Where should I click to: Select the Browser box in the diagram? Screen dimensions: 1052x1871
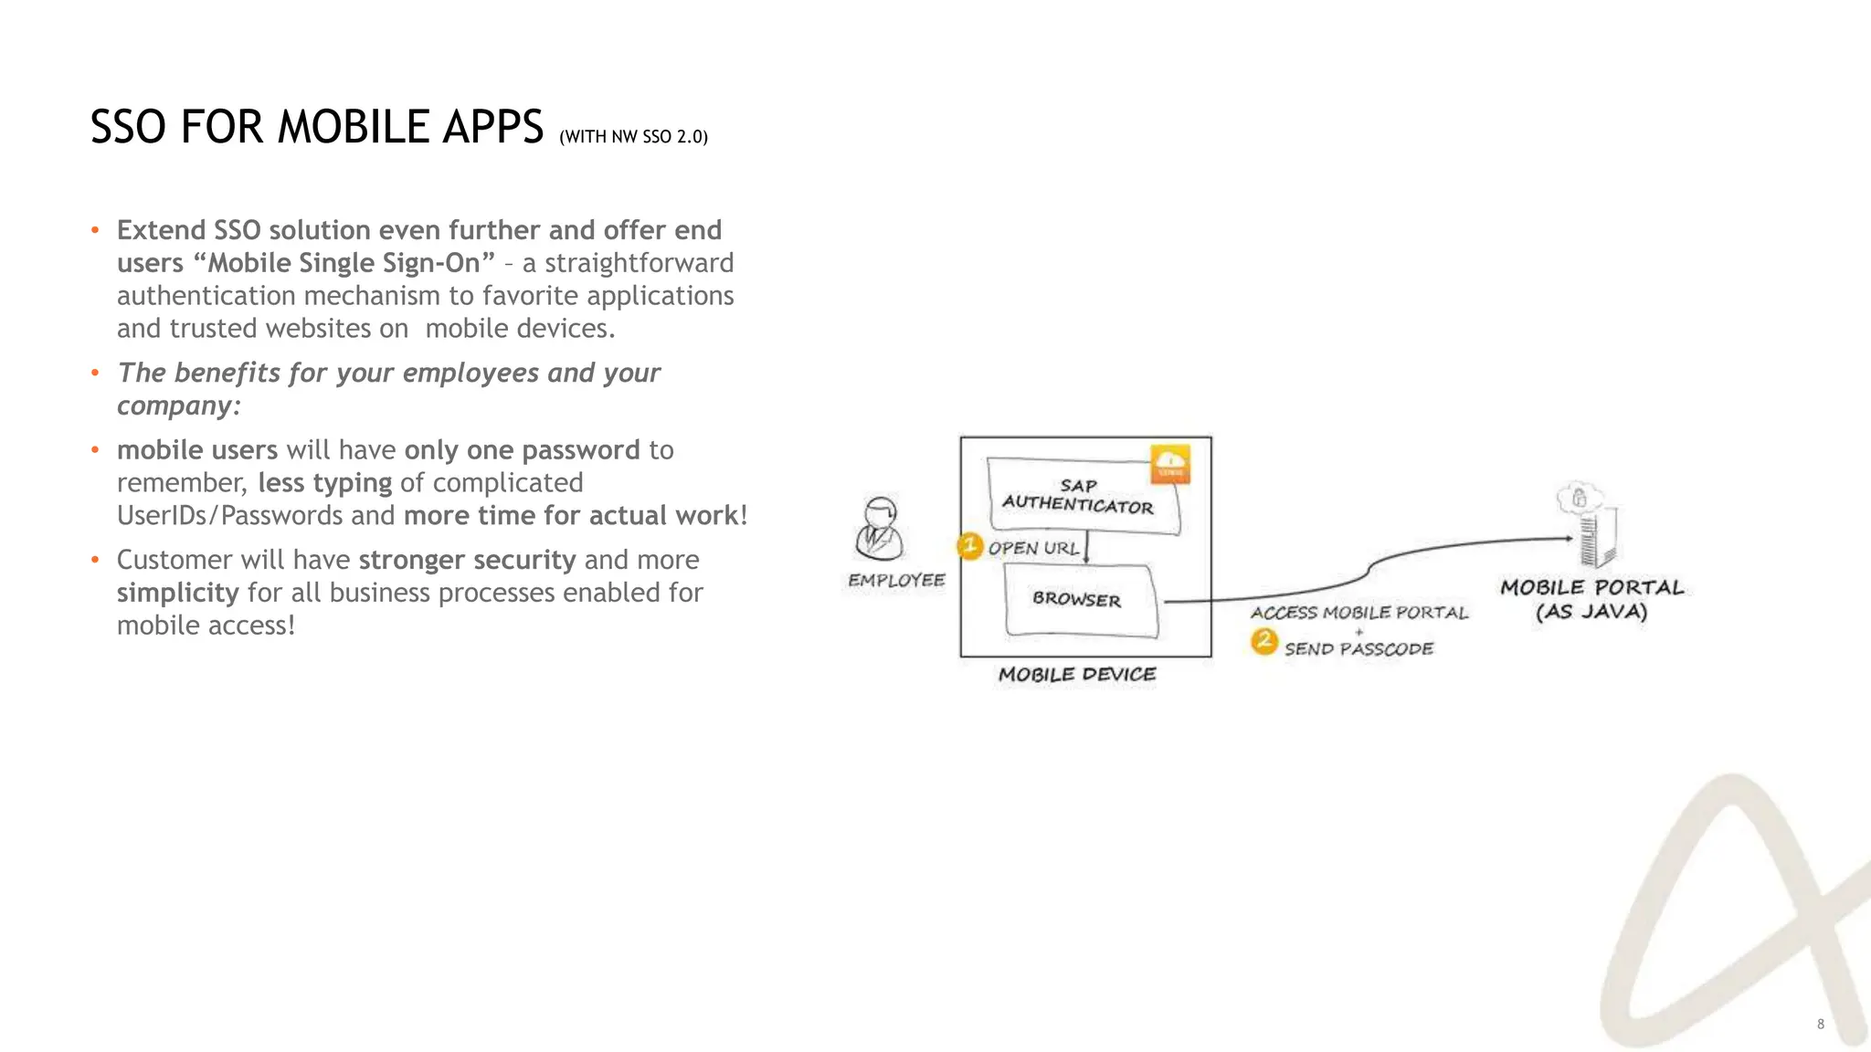(1078, 599)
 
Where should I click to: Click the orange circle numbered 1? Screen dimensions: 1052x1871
(969, 546)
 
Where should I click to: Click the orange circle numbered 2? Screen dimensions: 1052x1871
(1264, 641)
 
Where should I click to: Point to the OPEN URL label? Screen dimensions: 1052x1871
(1033, 549)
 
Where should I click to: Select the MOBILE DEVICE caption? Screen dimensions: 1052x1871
(1077, 675)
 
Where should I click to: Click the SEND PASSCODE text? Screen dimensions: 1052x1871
(1358, 649)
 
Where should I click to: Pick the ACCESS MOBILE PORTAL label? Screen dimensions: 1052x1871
(1358, 613)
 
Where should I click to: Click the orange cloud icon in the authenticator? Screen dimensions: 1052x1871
(1170, 464)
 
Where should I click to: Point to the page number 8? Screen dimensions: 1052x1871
(1820, 1024)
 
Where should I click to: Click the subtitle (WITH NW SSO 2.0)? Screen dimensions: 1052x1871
(633, 137)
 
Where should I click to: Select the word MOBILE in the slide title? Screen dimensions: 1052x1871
(354, 127)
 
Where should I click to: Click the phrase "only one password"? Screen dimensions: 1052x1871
(522, 450)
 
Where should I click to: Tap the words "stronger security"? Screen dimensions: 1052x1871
(467, 560)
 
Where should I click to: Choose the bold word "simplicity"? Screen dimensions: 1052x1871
(178, 593)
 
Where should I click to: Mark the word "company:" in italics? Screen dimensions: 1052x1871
(179, 405)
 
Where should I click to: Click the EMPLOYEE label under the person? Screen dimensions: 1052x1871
(896, 581)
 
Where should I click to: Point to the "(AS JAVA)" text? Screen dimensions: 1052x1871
(1591, 612)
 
